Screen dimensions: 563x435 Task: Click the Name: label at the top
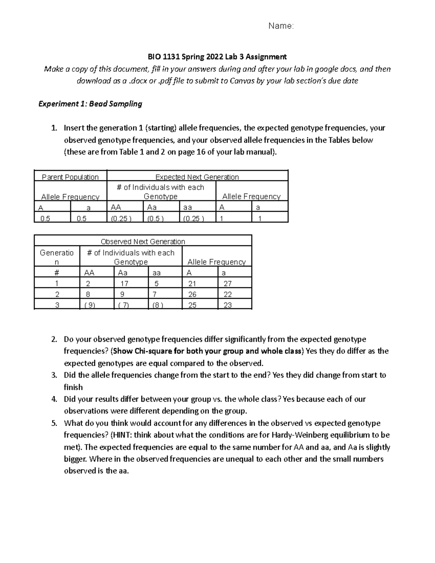[x=281, y=26]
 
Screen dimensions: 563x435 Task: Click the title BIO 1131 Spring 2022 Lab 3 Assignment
[x=217, y=57]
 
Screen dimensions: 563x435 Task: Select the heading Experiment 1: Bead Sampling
[x=90, y=104]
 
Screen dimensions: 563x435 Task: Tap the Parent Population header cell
[x=70, y=177]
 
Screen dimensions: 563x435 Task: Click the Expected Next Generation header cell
[x=197, y=177]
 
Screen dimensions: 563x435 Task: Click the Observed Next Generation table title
[x=143, y=241]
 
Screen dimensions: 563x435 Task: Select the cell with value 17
[x=124, y=283]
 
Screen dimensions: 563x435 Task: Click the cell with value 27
[x=227, y=283]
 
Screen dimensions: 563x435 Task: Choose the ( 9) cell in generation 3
[x=90, y=305]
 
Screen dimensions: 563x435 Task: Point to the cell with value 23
[x=227, y=305]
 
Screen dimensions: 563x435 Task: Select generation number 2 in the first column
[x=57, y=294]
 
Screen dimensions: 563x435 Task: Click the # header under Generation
[x=57, y=273]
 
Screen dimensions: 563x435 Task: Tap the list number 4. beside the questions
[x=54, y=399]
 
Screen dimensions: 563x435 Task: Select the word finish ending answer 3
[x=73, y=387]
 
